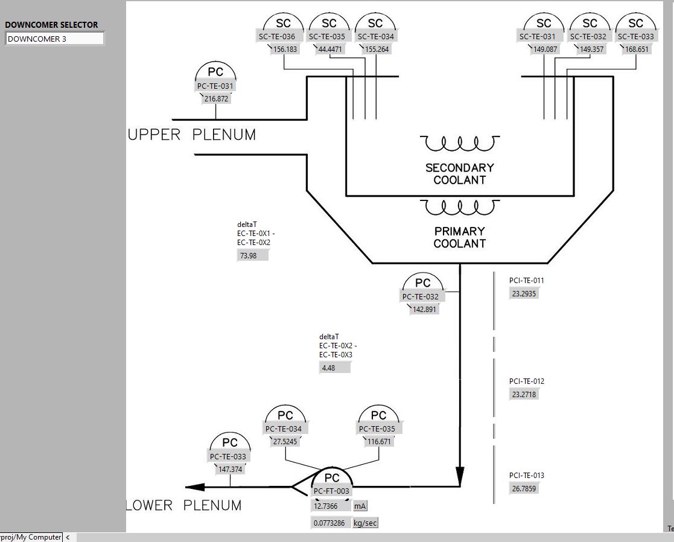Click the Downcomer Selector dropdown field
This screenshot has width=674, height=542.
(54, 39)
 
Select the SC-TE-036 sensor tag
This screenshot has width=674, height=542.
(277, 37)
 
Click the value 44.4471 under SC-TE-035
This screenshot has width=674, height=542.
(330, 49)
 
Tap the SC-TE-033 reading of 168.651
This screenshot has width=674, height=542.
(637, 49)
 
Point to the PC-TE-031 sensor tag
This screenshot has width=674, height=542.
(215, 86)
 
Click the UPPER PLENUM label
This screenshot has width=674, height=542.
(192, 135)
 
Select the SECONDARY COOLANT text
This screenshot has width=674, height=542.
(460, 174)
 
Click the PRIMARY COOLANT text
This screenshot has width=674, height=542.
(460, 237)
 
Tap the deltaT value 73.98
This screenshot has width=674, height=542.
(253, 255)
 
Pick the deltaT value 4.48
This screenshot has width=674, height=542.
(335, 368)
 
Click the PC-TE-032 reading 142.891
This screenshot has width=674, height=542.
(424, 309)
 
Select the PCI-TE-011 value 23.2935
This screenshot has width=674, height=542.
(524, 293)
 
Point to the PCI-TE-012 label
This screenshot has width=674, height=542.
(527, 381)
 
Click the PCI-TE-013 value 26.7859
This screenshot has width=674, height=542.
(524, 488)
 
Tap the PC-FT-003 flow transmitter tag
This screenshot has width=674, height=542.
(331, 491)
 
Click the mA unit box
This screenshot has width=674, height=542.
(360, 506)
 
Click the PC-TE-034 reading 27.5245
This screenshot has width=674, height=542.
(285, 441)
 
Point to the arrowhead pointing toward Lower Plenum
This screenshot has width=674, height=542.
(195, 487)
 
